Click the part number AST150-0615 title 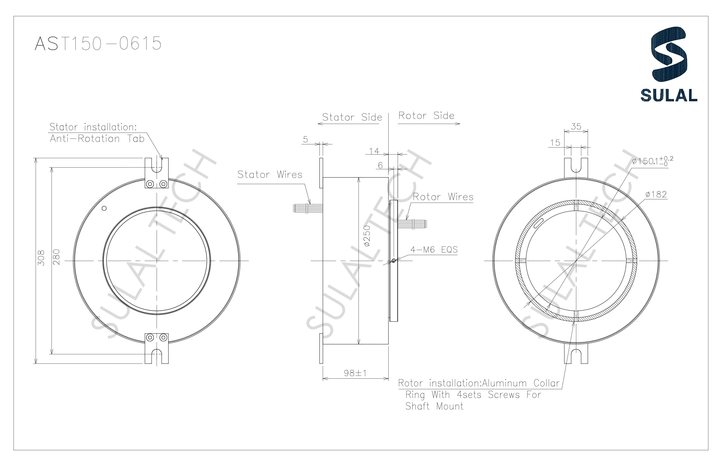(x=98, y=43)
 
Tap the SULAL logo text (x=668, y=95)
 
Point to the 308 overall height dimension (x=41, y=258)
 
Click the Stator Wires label (x=270, y=175)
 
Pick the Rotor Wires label (x=443, y=197)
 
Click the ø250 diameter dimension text (x=367, y=236)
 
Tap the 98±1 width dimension (x=355, y=373)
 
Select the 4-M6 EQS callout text (x=434, y=250)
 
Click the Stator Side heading (x=352, y=117)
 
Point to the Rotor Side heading (x=426, y=116)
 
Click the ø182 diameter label (x=656, y=195)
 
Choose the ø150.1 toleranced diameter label (x=652, y=161)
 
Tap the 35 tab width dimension (x=576, y=127)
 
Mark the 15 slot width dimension (x=555, y=143)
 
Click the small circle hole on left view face (x=104, y=208)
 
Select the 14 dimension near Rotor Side (x=374, y=151)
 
